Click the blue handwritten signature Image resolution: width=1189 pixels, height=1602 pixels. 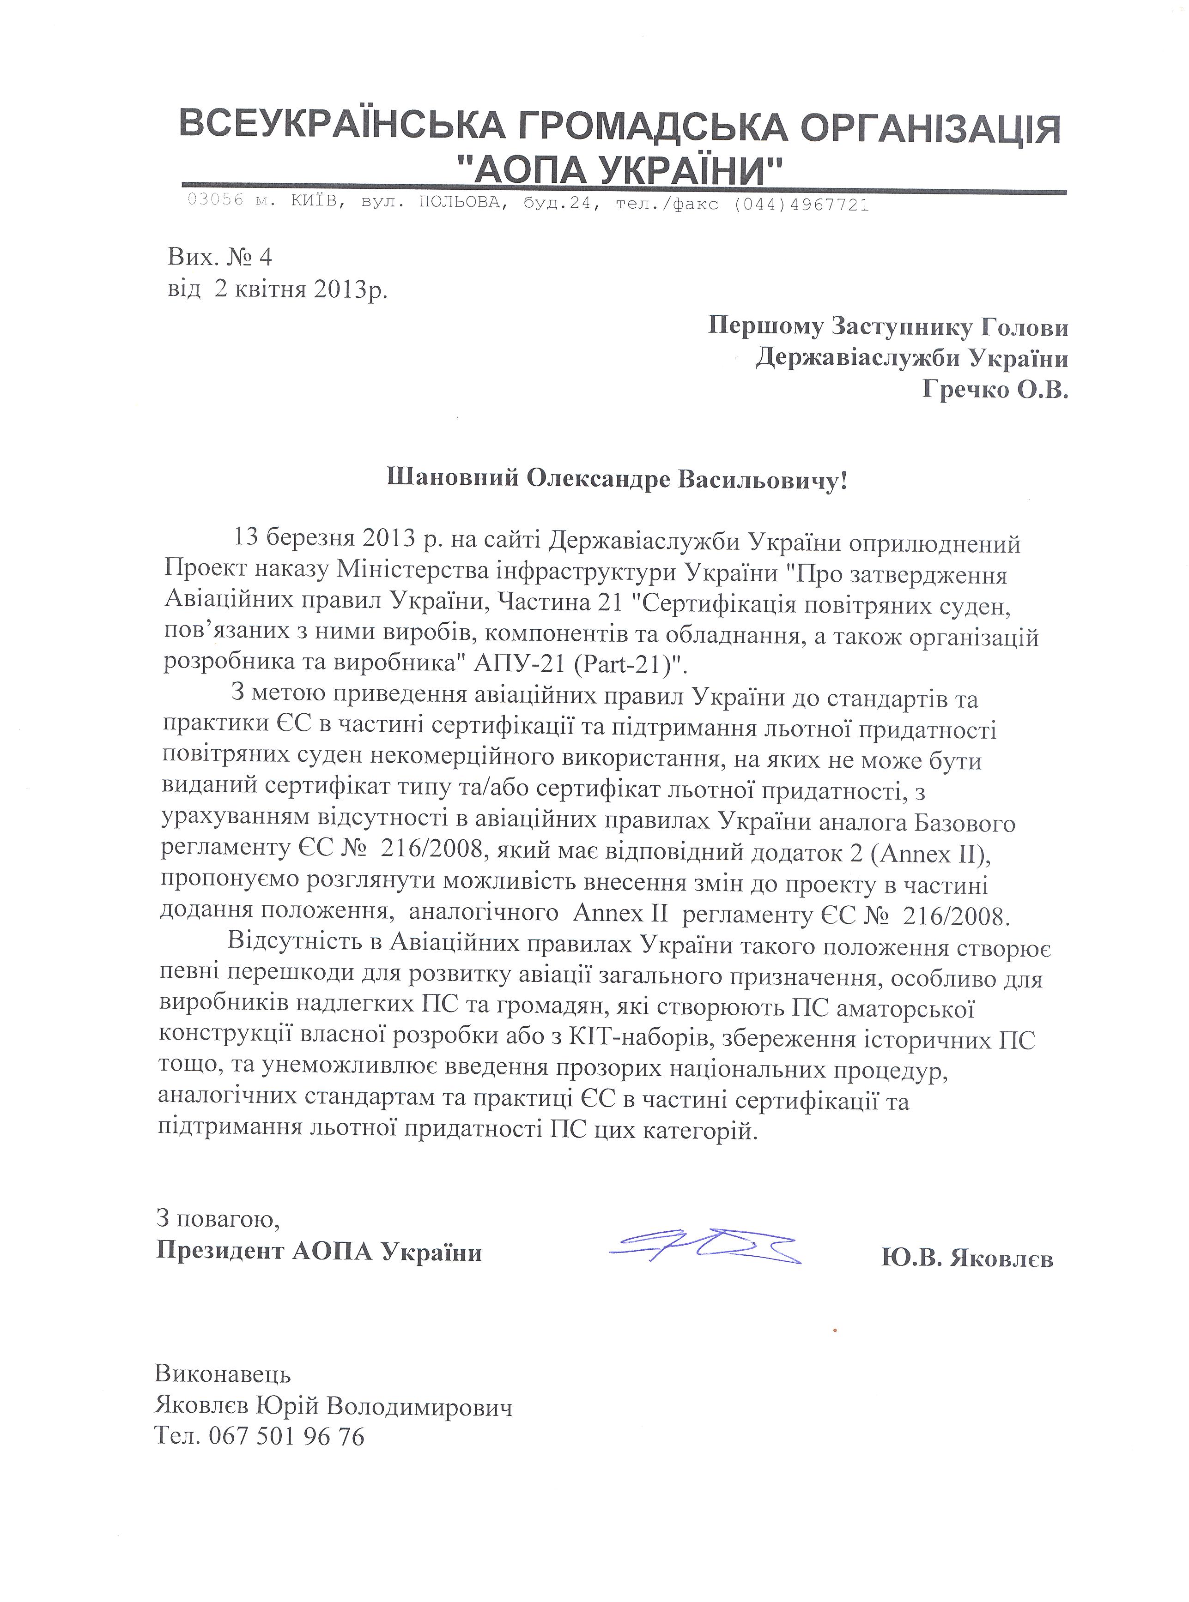[x=704, y=1247]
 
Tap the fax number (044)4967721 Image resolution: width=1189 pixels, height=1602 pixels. [x=801, y=205]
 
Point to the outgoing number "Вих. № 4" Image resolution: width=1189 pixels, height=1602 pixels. [x=220, y=256]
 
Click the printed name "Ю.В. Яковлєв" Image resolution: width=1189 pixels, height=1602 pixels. [x=967, y=1258]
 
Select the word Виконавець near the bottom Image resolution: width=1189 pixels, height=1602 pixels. [x=223, y=1374]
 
